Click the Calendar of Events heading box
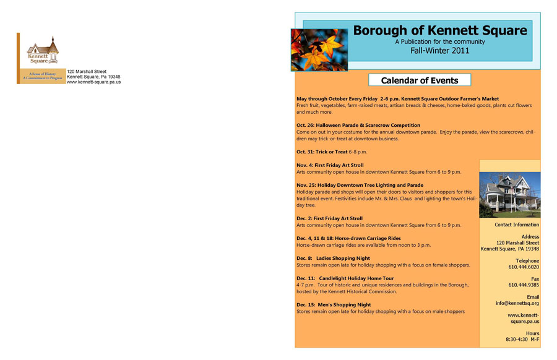pos(420,80)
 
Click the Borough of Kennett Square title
pos(440,30)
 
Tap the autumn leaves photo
pos(319,50)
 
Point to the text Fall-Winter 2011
pos(439,51)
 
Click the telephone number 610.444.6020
pos(524,267)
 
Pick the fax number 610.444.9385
pos(524,285)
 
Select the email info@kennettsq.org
pos(517,303)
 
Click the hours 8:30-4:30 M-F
pos(522,340)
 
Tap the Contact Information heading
pos(517,225)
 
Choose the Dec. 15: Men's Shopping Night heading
pos(334,305)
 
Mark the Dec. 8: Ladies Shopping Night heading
pos(333,258)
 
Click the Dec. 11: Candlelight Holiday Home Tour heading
pos(345,278)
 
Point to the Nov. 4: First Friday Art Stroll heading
pos(330,165)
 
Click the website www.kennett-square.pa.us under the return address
pos(93,82)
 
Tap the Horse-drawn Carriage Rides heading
pos(348,238)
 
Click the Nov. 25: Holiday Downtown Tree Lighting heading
pos(360,185)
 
